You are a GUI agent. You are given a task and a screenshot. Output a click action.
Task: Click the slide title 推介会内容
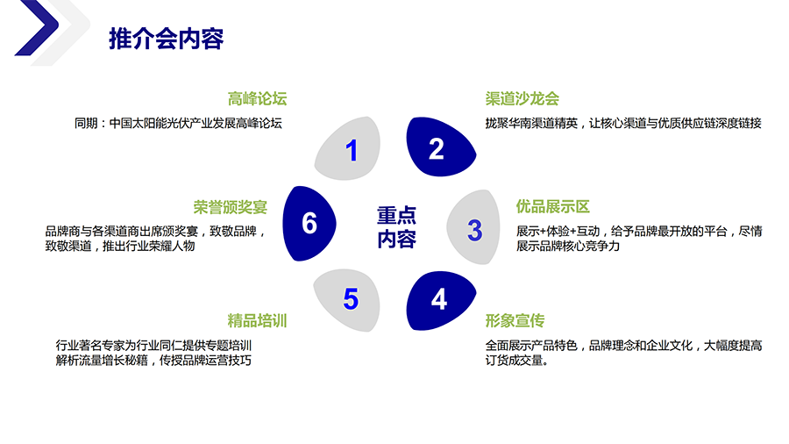(x=166, y=39)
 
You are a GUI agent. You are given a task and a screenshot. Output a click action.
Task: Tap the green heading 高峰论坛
(x=257, y=98)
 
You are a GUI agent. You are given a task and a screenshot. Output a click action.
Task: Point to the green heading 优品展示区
(x=552, y=207)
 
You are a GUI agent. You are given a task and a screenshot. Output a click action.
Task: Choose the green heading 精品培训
(x=257, y=320)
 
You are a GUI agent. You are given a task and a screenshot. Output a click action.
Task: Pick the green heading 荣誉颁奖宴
(x=230, y=207)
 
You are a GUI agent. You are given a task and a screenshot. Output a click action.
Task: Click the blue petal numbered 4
(x=440, y=300)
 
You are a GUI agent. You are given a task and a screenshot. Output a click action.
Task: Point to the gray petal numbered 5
(x=349, y=298)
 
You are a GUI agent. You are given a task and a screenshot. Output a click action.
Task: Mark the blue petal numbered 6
(x=309, y=223)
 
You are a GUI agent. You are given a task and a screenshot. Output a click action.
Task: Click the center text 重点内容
(x=396, y=227)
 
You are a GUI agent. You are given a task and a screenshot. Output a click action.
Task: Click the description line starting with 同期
(x=178, y=123)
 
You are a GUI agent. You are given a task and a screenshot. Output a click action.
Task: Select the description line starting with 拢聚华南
(x=623, y=123)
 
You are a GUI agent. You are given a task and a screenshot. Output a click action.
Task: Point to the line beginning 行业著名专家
(x=153, y=345)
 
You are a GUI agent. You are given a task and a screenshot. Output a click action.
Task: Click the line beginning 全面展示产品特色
(x=623, y=345)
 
